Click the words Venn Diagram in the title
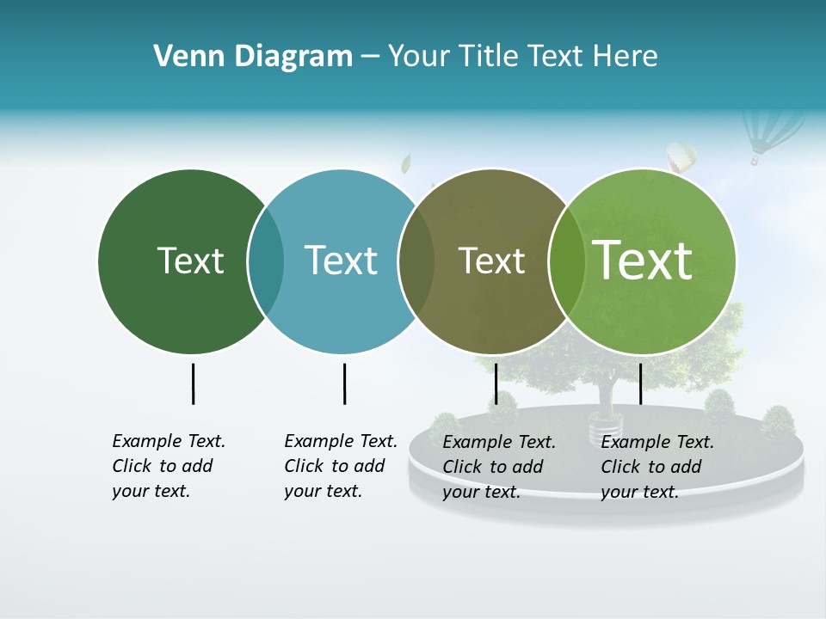253,57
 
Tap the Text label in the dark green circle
190,260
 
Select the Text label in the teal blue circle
341,260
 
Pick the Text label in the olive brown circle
491,260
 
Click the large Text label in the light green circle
643,260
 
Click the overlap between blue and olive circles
416,260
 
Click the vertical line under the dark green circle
193,383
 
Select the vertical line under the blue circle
344,383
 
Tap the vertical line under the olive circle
496,383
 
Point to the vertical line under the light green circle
640,383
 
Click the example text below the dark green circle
168,466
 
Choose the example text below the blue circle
340,466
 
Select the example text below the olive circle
498,467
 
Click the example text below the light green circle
656,467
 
